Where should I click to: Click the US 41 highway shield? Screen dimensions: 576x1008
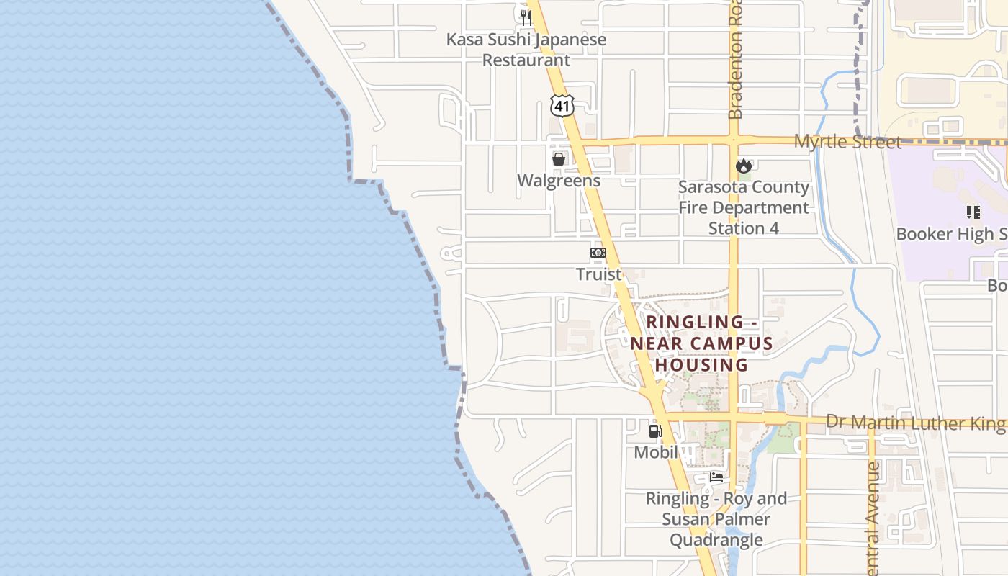click(562, 106)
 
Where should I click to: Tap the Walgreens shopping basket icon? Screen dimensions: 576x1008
click(558, 159)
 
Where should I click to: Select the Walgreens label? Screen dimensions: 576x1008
click(559, 181)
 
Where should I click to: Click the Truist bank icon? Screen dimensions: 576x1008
click(598, 253)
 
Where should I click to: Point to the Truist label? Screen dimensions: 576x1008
click(598, 274)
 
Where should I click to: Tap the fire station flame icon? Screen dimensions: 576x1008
click(744, 166)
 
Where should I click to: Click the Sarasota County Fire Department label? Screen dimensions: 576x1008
click(744, 207)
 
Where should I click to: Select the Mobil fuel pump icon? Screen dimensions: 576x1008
click(655, 431)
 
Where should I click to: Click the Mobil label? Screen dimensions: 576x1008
click(656, 453)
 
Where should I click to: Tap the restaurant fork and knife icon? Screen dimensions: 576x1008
click(526, 17)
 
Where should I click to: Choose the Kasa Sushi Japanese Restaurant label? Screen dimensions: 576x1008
click(526, 50)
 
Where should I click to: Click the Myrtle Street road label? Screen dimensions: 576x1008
click(847, 142)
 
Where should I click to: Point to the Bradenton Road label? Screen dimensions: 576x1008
click(735, 65)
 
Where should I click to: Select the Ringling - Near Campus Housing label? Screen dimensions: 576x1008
click(701, 343)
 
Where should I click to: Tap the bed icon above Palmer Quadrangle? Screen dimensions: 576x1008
click(716, 477)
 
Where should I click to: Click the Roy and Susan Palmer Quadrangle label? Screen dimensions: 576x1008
click(716, 519)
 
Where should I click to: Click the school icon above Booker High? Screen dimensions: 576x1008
click(973, 212)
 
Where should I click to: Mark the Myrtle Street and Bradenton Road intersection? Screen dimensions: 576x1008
click(734, 140)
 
